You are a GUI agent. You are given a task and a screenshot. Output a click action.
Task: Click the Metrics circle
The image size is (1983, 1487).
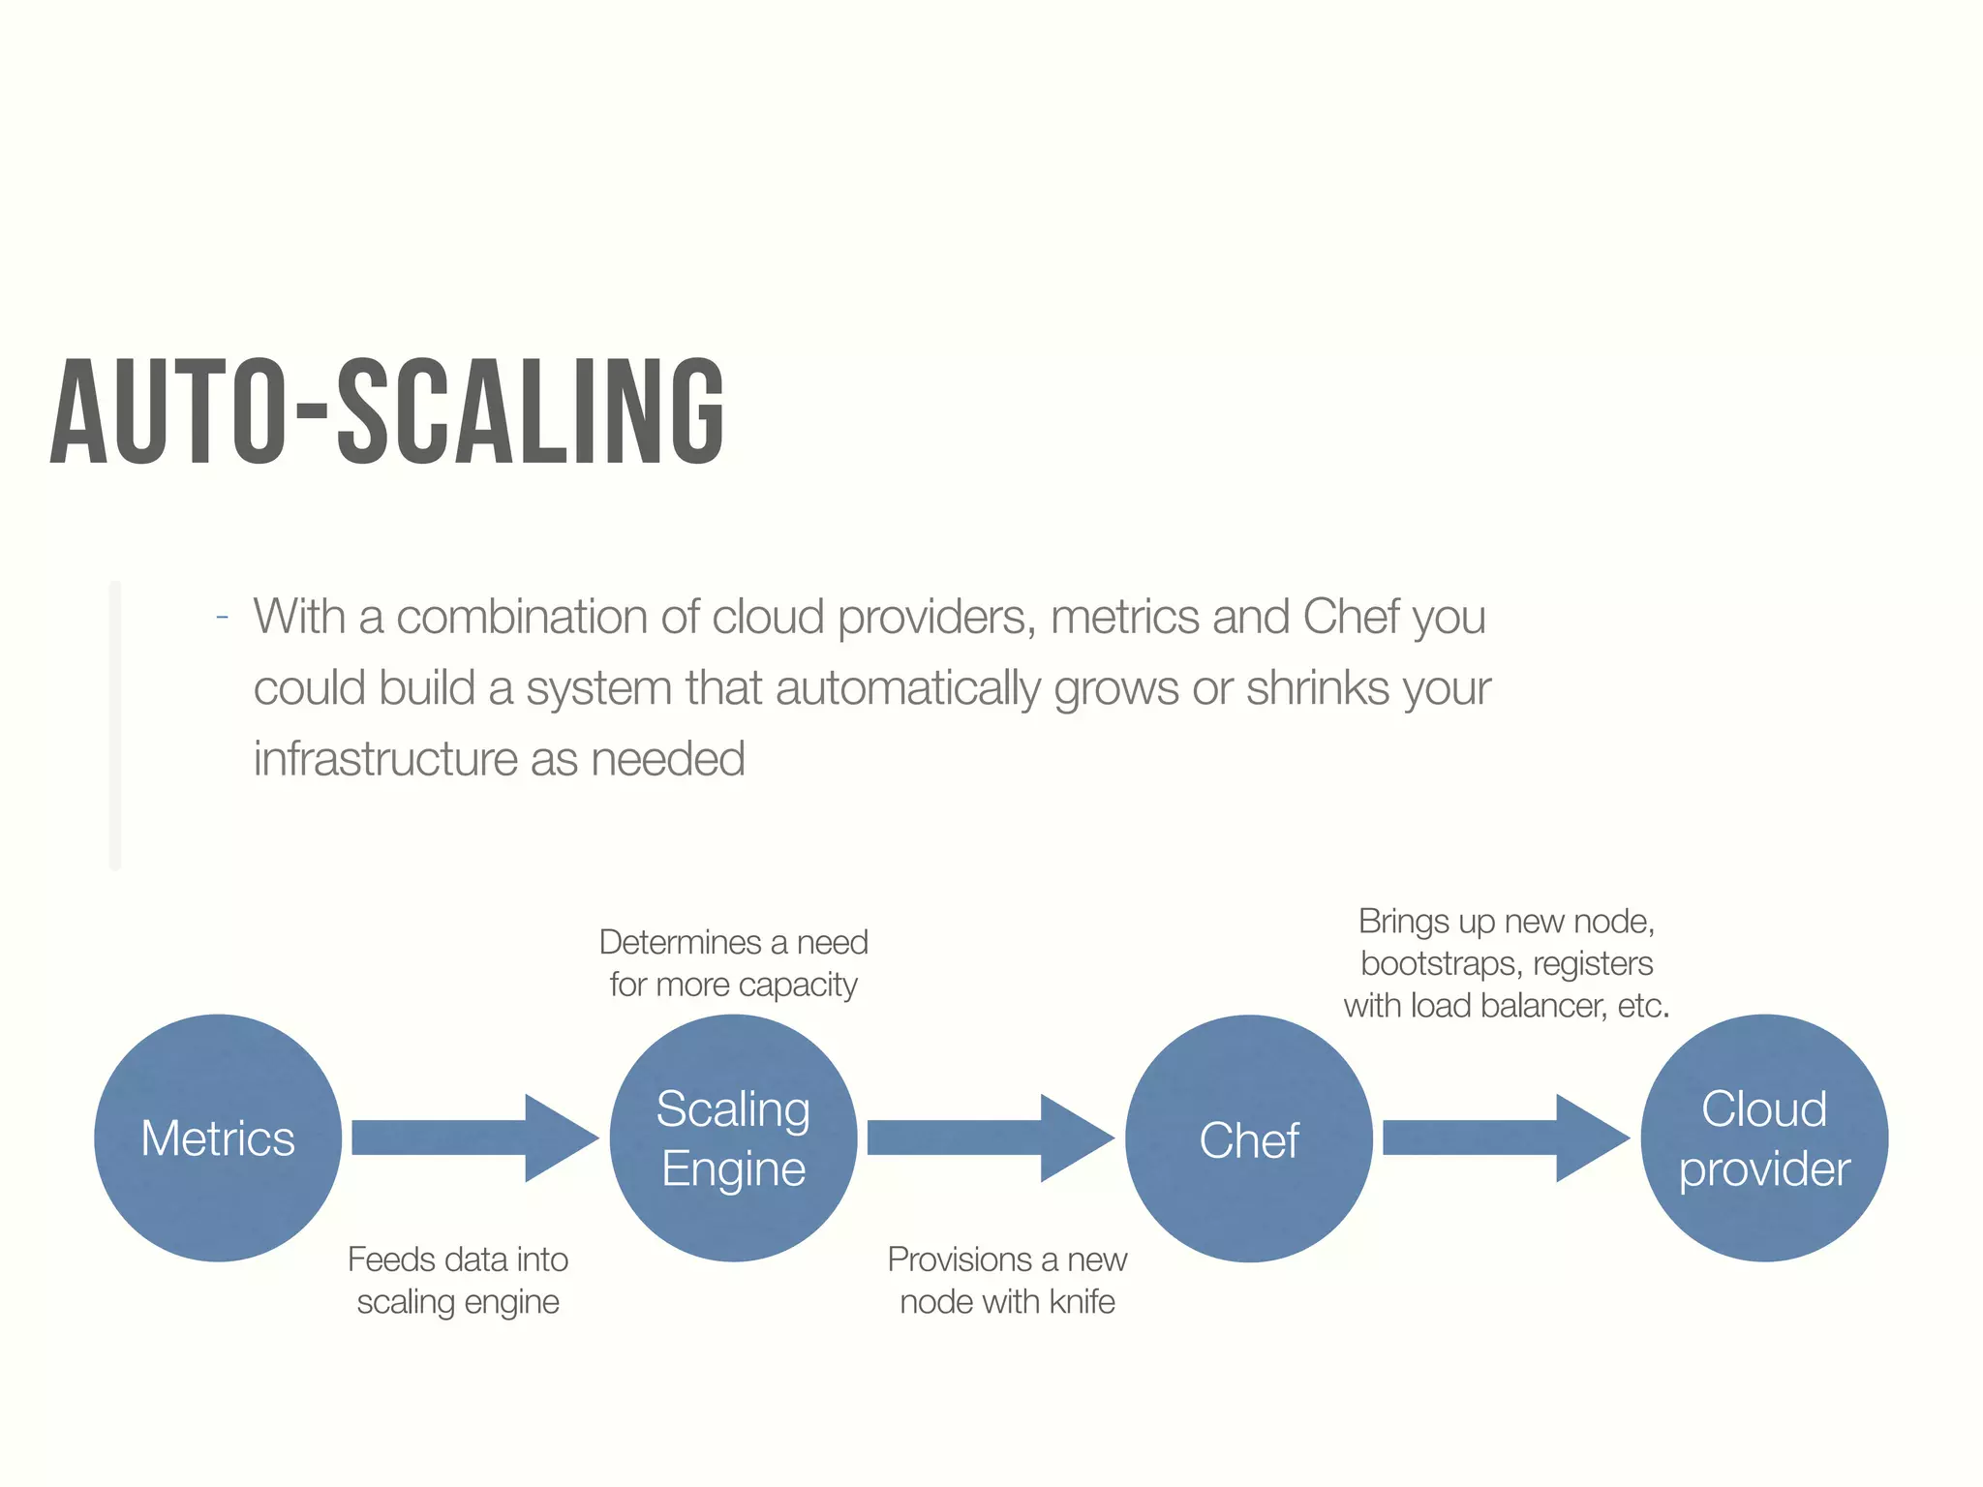(x=218, y=1138)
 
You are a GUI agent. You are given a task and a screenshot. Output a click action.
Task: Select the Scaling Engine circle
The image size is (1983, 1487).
(x=733, y=1138)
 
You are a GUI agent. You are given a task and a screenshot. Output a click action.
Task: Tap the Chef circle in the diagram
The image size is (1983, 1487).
(x=1249, y=1138)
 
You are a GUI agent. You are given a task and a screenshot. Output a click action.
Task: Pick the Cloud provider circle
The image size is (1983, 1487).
(x=1764, y=1138)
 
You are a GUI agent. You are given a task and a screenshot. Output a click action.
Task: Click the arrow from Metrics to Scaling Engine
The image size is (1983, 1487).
(x=474, y=1138)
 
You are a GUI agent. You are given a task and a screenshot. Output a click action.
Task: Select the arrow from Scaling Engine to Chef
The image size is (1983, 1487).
(x=990, y=1138)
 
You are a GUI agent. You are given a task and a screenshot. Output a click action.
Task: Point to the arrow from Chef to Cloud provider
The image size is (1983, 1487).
(x=1506, y=1138)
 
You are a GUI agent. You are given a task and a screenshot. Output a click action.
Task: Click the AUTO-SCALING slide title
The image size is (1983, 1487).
(x=387, y=411)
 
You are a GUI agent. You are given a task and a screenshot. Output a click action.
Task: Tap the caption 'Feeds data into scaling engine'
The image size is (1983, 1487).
(x=458, y=1280)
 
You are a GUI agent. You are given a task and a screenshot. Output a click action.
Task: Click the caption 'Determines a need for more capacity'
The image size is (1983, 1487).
(x=733, y=963)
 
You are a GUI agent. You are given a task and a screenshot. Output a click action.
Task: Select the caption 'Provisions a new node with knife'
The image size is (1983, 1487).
(x=1007, y=1280)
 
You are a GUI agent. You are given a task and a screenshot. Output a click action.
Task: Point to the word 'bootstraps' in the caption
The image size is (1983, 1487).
(x=1439, y=964)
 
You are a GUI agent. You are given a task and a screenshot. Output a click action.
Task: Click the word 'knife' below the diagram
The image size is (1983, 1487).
(x=1083, y=1302)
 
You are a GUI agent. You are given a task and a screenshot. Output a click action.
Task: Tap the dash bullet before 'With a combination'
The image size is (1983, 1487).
(x=223, y=617)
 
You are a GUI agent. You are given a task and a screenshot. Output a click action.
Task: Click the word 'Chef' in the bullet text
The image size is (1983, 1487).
(x=1352, y=617)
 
